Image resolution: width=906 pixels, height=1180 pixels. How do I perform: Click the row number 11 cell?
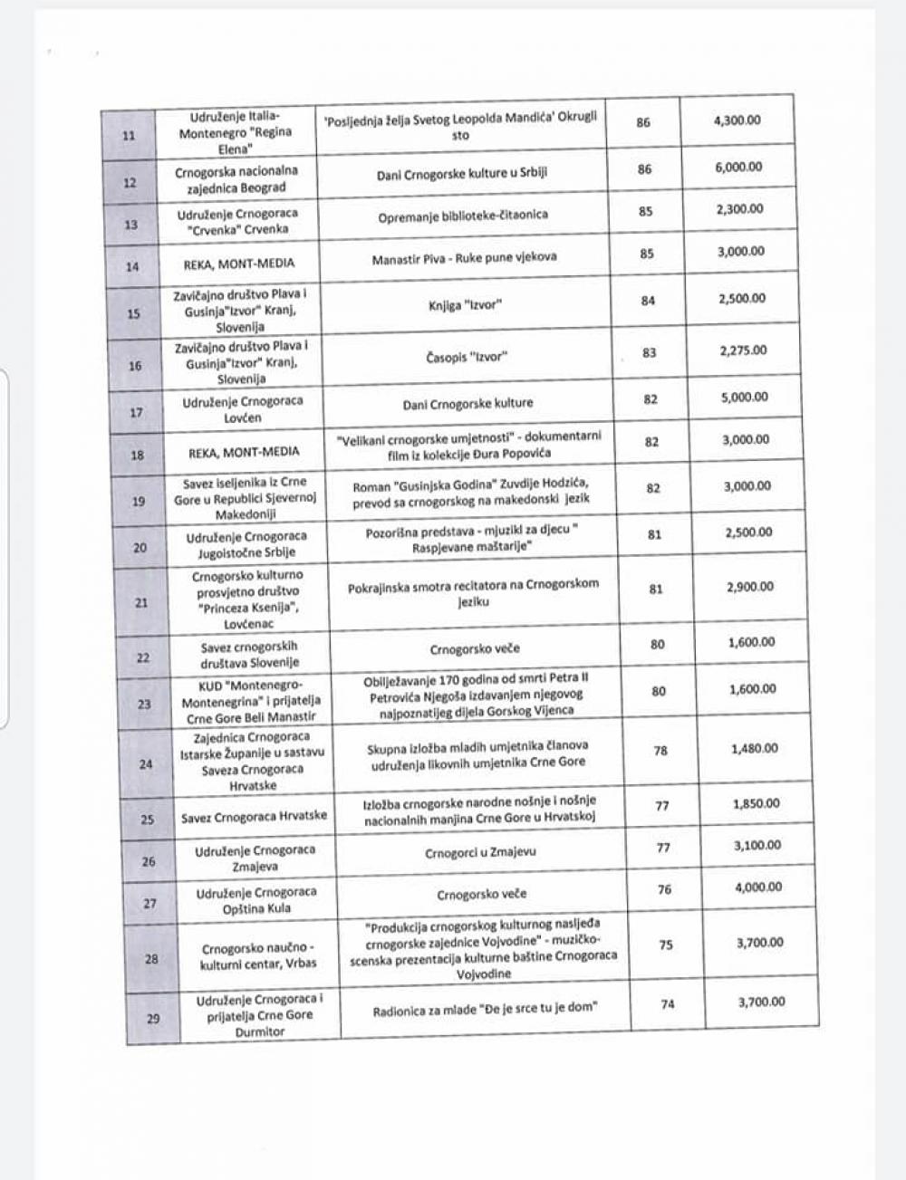click(128, 136)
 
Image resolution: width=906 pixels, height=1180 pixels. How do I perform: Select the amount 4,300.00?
click(737, 120)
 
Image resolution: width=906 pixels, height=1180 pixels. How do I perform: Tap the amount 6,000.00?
click(738, 168)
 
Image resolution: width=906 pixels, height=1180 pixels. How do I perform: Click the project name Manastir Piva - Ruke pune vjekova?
click(464, 258)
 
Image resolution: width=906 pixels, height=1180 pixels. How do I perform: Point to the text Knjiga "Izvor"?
click(464, 305)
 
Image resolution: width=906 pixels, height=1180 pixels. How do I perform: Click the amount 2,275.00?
click(743, 350)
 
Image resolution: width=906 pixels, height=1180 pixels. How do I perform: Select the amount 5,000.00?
click(745, 397)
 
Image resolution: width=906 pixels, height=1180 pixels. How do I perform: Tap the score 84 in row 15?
click(648, 301)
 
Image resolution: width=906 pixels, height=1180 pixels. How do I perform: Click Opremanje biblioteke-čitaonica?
click(463, 216)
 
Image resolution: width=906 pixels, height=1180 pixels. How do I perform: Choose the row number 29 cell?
click(153, 1019)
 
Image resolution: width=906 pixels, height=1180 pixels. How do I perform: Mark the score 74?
click(668, 1003)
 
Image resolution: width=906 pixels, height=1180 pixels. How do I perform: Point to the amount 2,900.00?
click(750, 587)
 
